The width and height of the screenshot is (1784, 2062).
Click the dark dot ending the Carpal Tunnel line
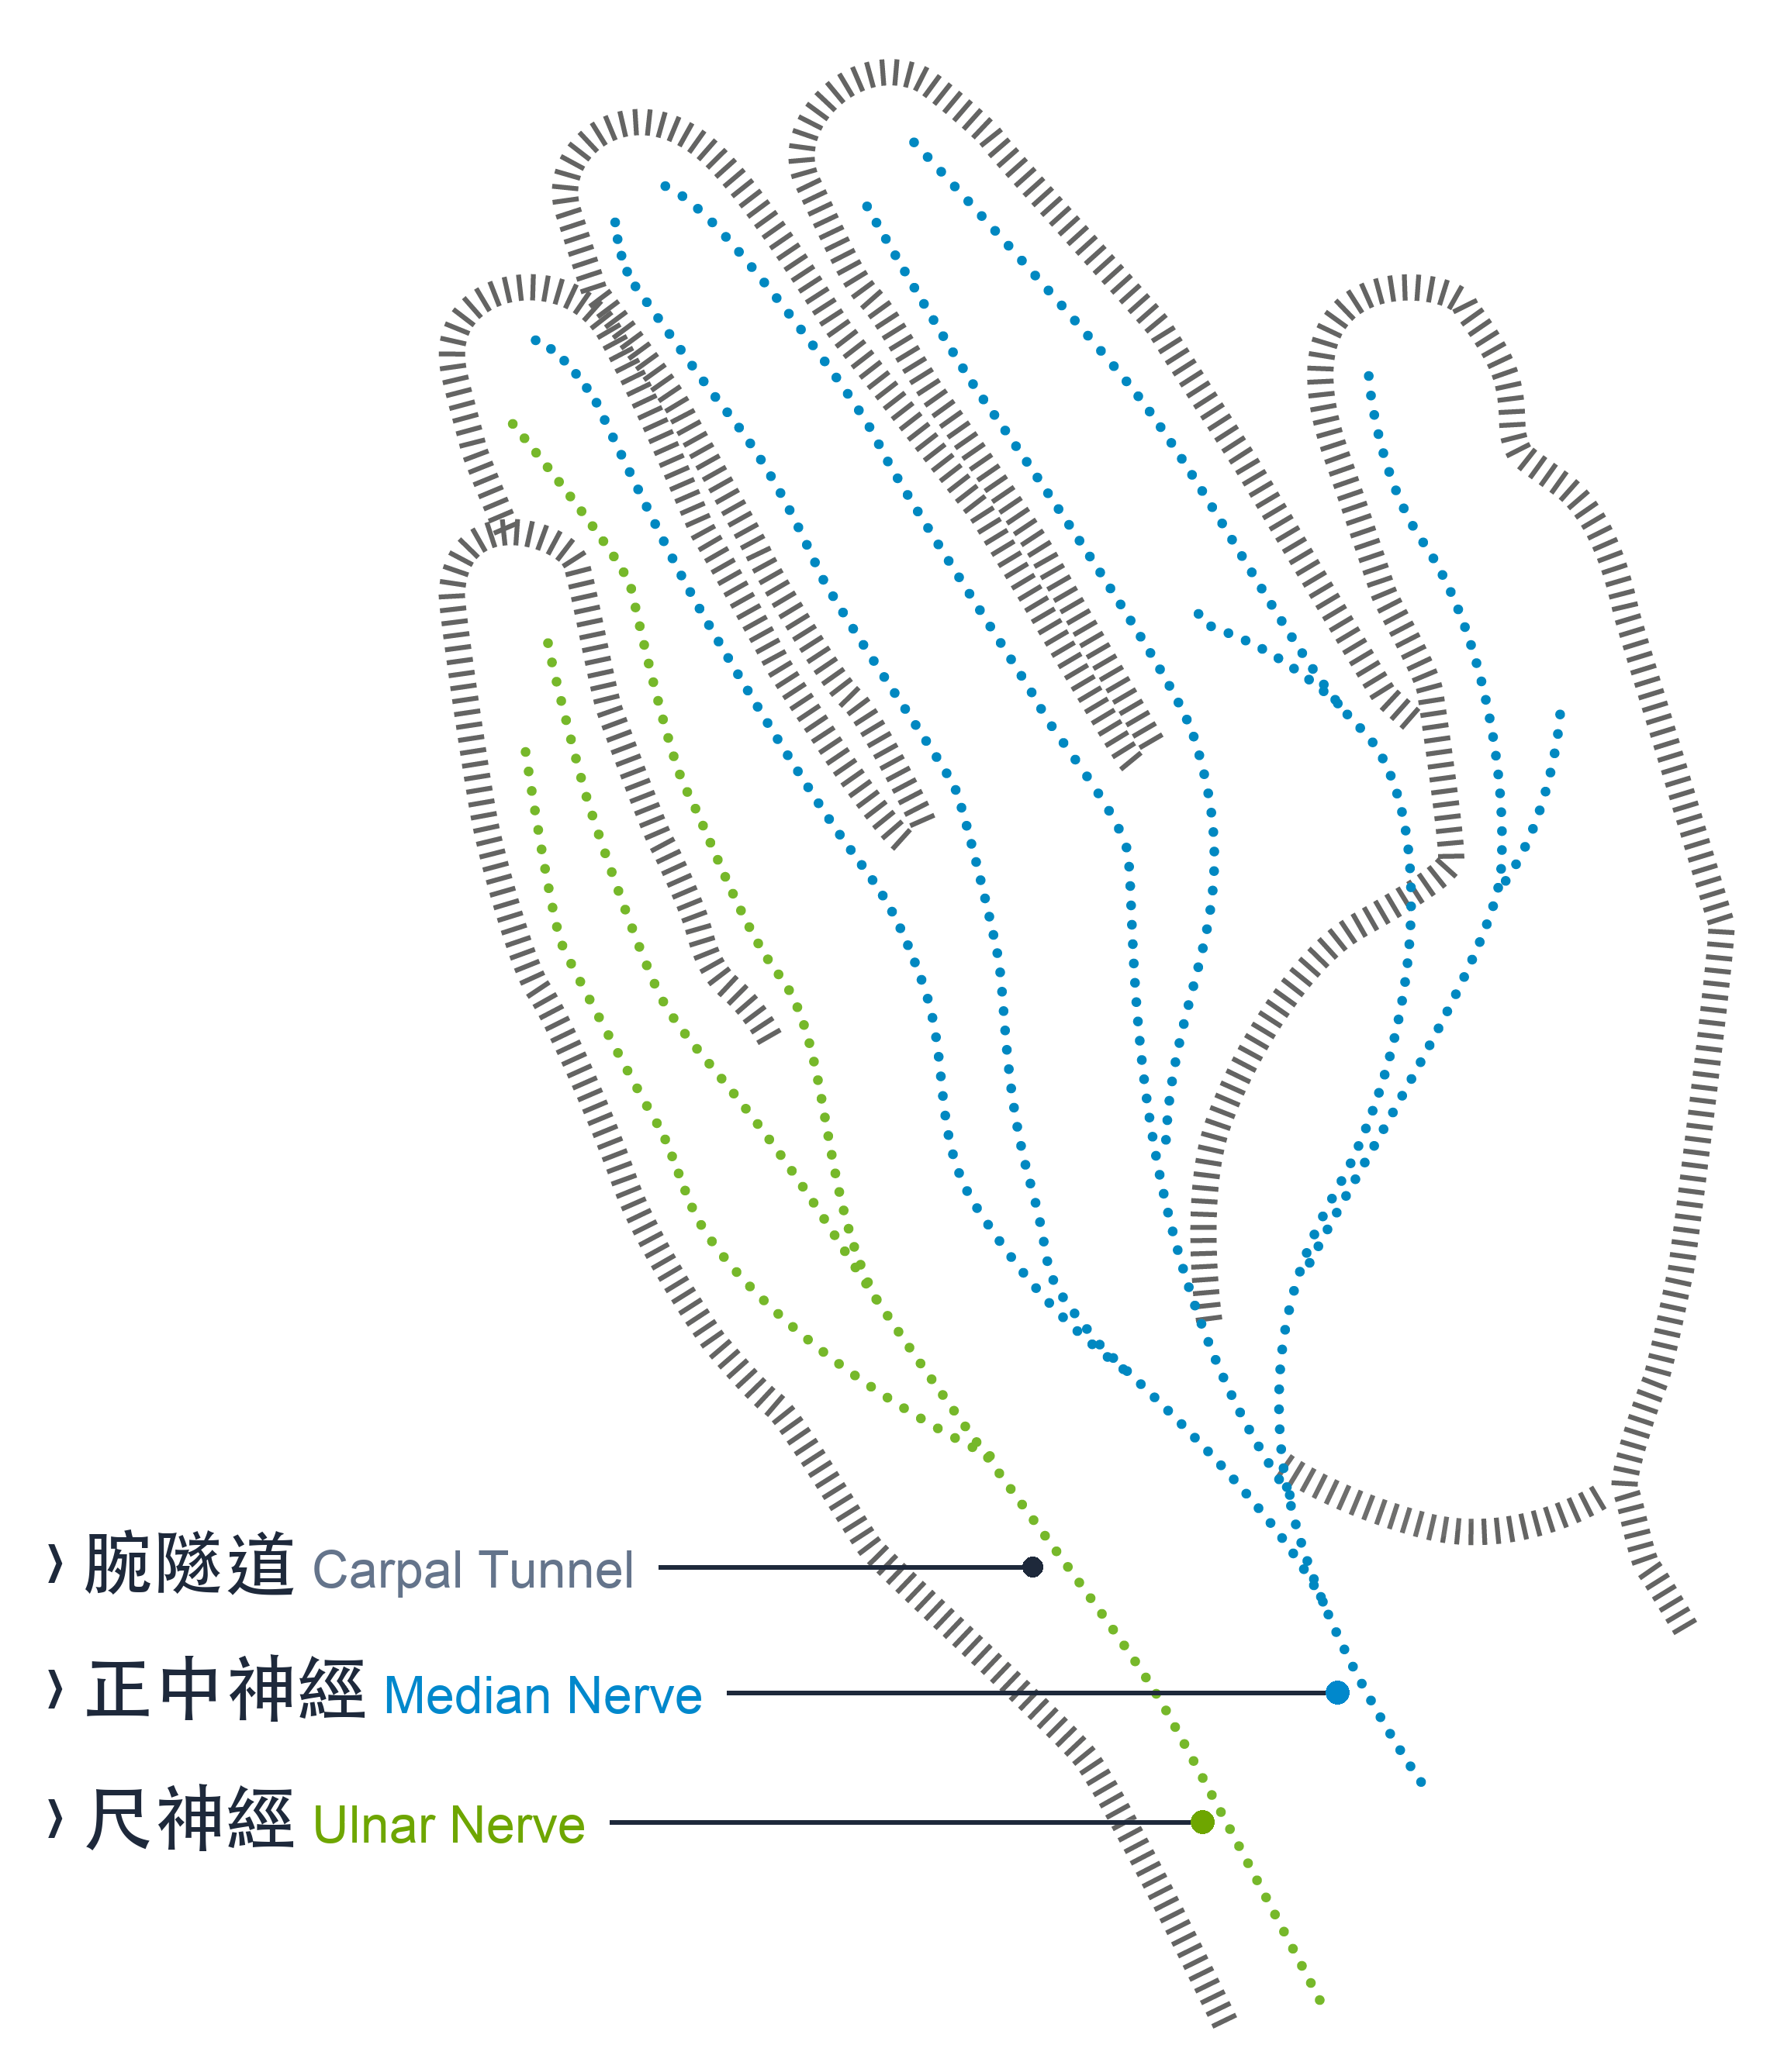pyautogui.click(x=1032, y=1567)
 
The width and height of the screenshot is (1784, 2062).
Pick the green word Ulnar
pyautogui.click(x=375, y=1825)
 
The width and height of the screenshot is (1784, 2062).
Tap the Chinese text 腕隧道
pyautogui.click(x=189, y=1564)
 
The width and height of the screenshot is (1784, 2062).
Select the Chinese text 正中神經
pyautogui.click(x=225, y=1690)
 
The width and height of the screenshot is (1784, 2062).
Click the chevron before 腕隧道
pyautogui.click(x=56, y=1564)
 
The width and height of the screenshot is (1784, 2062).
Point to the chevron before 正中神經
pyautogui.click(x=56, y=1690)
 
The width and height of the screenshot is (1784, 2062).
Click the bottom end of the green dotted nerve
pyautogui.click(x=1320, y=2000)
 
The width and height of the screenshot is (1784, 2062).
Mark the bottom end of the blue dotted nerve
pyautogui.click(x=1421, y=1782)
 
